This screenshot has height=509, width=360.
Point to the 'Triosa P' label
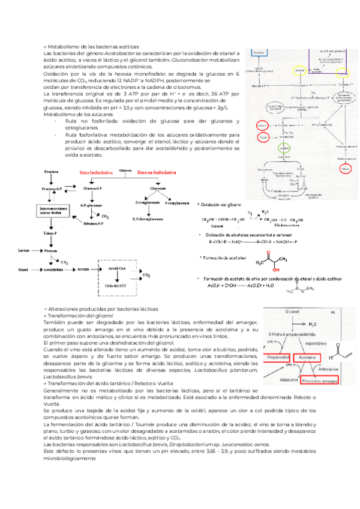click(x=49, y=230)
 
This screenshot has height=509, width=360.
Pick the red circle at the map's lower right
click(x=344, y=169)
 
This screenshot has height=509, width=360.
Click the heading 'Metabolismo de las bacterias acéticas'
click(x=92, y=47)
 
